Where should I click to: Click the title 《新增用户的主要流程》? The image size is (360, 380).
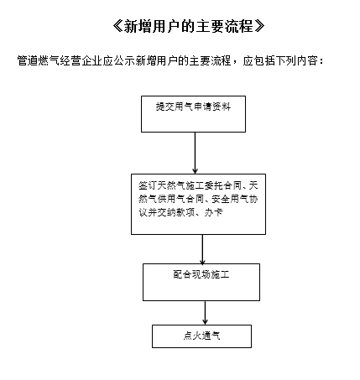pos(189,27)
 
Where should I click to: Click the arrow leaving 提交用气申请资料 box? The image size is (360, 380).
pos(195,153)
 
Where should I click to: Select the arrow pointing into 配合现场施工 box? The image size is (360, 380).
pos(202,249)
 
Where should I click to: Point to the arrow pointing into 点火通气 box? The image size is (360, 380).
pos(205,313)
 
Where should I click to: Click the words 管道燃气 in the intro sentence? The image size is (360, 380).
pos(39,60)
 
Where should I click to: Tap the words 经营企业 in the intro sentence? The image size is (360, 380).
pos(81,60)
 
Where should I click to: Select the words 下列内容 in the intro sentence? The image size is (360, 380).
pos(297,60)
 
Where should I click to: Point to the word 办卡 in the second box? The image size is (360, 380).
pos(214,212)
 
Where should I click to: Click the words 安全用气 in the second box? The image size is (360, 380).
pos(230,199)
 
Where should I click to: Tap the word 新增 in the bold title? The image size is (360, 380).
pos(138,27)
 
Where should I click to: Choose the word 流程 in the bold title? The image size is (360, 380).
pos(239,27)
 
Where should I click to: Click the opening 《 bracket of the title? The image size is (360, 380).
pos(117,27)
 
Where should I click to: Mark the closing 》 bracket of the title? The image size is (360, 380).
pos(259,27)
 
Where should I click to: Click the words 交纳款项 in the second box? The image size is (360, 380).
pos(175,212)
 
